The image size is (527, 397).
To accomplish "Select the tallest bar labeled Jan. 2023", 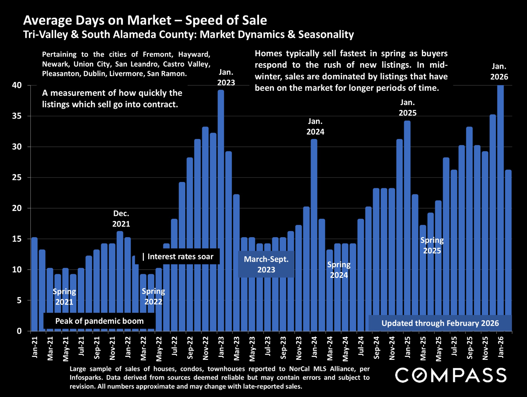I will coord(221,210).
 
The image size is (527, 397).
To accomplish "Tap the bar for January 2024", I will coord(314,235).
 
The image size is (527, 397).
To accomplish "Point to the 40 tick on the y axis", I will coord(17,85).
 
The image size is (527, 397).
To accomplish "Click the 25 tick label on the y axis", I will coord(17,178).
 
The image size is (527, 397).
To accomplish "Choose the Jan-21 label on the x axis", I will coord(35,347).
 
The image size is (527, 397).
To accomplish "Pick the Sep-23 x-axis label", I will coord(283,347).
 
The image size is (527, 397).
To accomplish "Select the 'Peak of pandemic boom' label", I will coord(99,321).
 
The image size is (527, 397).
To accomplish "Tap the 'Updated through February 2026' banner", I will coord(440,323).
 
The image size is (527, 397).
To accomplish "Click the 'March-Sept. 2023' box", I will coord(266,264).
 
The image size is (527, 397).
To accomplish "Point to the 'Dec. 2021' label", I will coord(121,219).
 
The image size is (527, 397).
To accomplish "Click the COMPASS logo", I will coord(451,375).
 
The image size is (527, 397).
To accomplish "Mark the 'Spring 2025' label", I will coord(432,245).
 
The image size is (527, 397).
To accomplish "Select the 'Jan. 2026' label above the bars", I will coord(499,72).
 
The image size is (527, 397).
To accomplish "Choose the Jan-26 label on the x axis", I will coord(501,347).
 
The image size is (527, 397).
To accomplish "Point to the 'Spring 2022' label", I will coord(153,296).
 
